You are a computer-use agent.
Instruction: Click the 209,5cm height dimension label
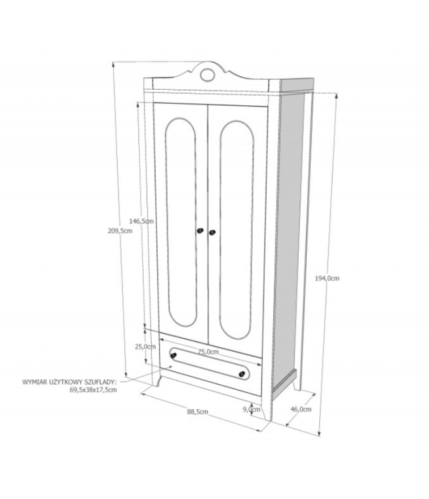click(x=120, y=231)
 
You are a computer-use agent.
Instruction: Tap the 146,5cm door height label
click(x=141, y=221)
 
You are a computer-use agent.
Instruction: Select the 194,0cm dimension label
click(x=327, y=279)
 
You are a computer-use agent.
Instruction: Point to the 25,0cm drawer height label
click(x=145, y=347)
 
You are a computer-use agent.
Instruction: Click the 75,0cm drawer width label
click(x=208, y=352)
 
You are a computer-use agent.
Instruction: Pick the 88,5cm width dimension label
click(x=198, y=412)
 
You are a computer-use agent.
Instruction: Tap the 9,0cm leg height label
click(x=251, y=409)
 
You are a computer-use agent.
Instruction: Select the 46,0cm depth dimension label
click(x=301, y=409)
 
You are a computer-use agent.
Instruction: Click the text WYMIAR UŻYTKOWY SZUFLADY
click(x=70, y=382)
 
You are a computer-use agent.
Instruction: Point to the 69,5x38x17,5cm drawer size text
click(x=94, y=390)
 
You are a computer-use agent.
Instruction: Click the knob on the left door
click(x=200, y=231)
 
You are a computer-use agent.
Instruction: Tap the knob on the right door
click(x=212, y=233)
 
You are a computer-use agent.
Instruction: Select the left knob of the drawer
click(x=174, y=355)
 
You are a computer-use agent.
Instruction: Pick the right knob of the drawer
click(x=242, y=374)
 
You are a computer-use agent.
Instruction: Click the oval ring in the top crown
click(x=208, y=69)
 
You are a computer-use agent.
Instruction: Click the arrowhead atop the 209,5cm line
click(x=113, y=65)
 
